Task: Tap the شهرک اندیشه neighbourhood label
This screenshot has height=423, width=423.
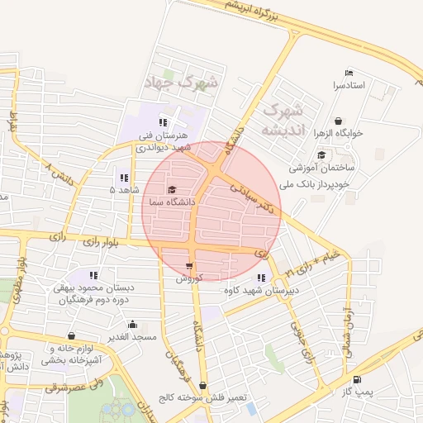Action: click(283, 120)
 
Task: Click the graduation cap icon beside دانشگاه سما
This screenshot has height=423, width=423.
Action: click(171, 189)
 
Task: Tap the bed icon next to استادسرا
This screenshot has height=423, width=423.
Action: click(348, 73)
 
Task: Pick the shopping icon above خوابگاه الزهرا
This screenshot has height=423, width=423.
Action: click(339, 120)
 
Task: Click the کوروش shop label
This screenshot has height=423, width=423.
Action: click(189, 278)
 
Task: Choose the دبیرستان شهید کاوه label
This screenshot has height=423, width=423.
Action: click(257, 290)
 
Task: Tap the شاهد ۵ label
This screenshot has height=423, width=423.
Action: click(124, 189)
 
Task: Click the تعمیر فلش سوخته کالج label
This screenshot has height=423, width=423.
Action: click(202, 397)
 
